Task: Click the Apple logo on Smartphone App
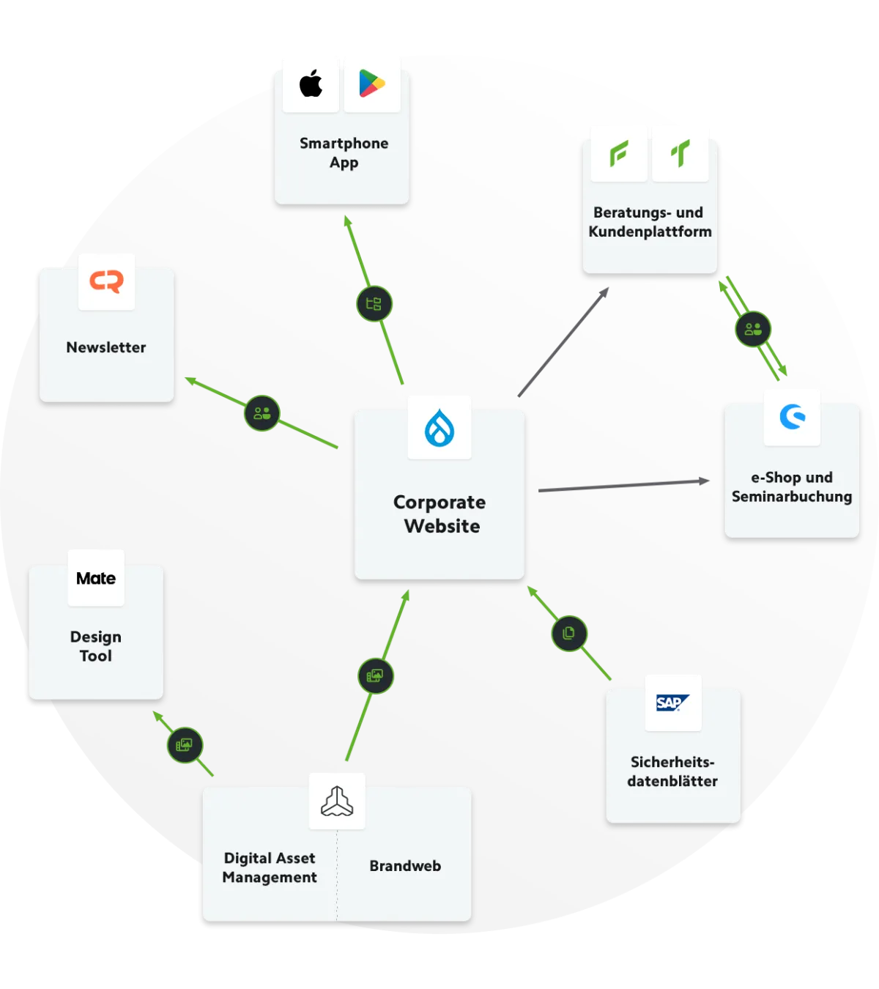tap(311, 84)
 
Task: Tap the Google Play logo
tap(372, 84)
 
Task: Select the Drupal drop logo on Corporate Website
tap(439, 428)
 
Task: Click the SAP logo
tap(672, 703)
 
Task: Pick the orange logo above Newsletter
tap(107, 281)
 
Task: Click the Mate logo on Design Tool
tap(96, 579)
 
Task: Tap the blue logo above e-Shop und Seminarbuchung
tap(792, 417)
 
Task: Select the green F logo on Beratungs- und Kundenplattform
tap(619, 154)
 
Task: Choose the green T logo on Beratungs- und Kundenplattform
tap(680, 154)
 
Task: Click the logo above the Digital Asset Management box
tap(337, 801)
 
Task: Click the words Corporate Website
tap(440, 514)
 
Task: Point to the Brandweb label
tap(405, 866)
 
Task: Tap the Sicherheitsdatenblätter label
tap(672, 771)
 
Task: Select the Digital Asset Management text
tap(270, 867)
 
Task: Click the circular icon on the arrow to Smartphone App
tap(374, 304)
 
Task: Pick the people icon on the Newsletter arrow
tap(262, 413)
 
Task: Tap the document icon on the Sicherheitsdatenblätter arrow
tap(569, 633)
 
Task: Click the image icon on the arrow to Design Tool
tap(185, 745)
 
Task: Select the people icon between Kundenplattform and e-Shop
tap(753, 329)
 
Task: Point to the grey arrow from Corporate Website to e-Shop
tap(623, 485)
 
